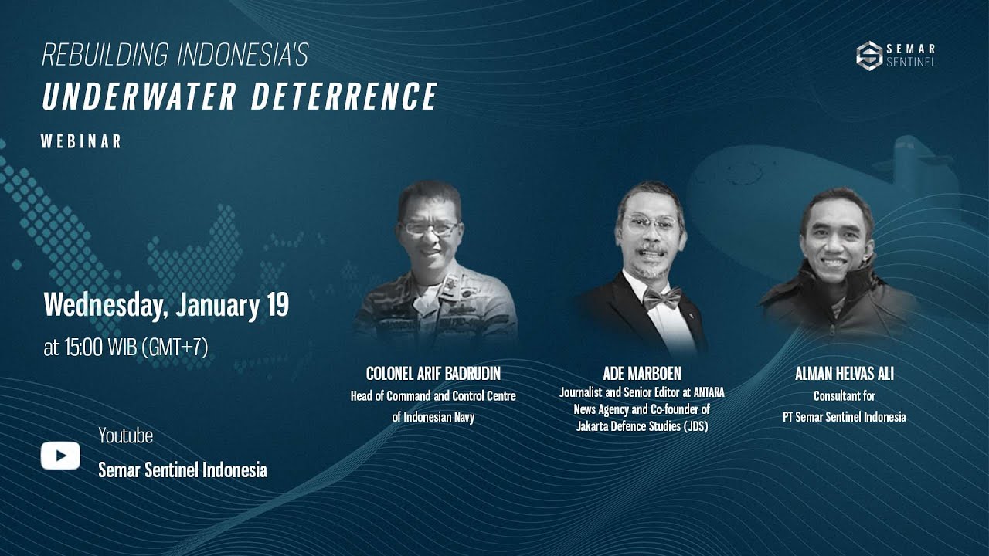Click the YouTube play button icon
[x=60, y=456]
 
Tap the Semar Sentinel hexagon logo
[x=869, y=56]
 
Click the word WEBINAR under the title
[x=81, y=142]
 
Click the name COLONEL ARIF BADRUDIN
[x=433, y=374]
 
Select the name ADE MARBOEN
[x=642, y=374]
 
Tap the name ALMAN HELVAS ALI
[x=844, y=374]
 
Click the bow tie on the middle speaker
[x=662, y=297]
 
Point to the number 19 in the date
[x=277, y=305]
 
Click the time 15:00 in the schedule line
[x=83, y=347]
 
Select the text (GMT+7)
[x=175, y=347]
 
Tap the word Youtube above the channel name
[x=125, y=436]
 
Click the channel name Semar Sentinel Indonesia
[x=182, y=470]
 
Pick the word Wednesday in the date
[x=105, y=305]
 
